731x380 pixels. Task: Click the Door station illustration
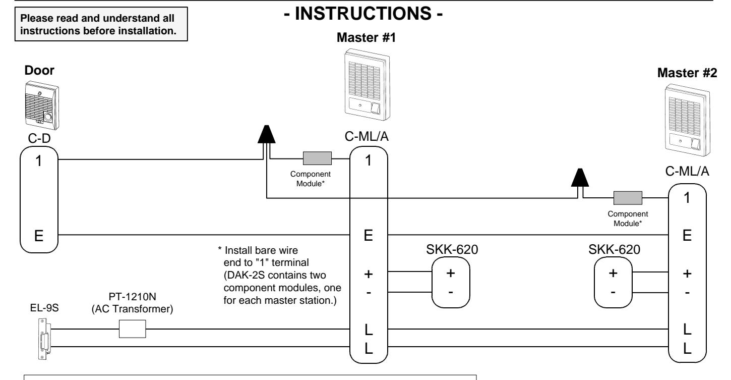point(42,106)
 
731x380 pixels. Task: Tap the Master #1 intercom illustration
point(367,85)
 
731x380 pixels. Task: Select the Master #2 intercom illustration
point(687,120)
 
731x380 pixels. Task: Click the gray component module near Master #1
point(317,158)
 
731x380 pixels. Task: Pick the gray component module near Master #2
point(628,198)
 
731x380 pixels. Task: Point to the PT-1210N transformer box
point(132,329)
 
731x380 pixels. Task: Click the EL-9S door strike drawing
point(44,339)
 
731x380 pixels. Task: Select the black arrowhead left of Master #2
point(580,178)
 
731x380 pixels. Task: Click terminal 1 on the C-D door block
point(39,161)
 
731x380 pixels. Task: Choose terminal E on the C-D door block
point(39,236)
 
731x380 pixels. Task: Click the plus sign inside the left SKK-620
point(451,273)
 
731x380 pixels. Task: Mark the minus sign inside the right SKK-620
point(613,292)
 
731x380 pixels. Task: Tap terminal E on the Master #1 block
point(369,235)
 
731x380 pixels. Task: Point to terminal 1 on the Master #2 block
point(687,198)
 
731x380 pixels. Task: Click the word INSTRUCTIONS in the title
point(363,14)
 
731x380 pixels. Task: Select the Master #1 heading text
point(366,37)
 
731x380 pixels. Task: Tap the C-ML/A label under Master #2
point(687,171)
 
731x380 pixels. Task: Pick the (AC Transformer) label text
point(132,309)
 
